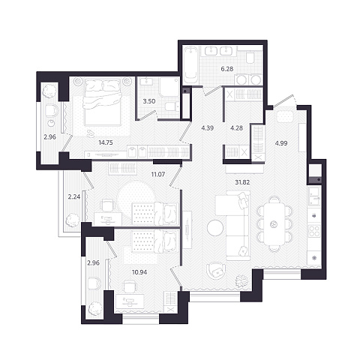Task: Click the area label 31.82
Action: pos(242,182)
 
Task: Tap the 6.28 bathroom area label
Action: pos(227,69)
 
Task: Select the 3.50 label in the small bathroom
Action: pos(149,101)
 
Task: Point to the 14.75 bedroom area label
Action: pos(106,142)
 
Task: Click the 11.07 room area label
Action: pos(158,174)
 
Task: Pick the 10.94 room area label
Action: pos(139,272)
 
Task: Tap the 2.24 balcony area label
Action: pos(74,197)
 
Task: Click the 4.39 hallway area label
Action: pos(208,128)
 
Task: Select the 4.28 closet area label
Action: pos(236,128)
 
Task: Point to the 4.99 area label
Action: pos(281,143)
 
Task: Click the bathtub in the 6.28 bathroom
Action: pos(191,64)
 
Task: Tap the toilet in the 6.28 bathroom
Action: pos(250,58)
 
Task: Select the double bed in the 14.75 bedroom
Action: pos(103,101)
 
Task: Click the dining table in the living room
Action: pos(274,224)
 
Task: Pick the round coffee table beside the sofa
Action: pos(215,228)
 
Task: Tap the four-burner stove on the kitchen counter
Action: pos(314,231)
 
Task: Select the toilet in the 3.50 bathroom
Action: pos(172,107)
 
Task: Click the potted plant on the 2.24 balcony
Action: pos(72,220)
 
